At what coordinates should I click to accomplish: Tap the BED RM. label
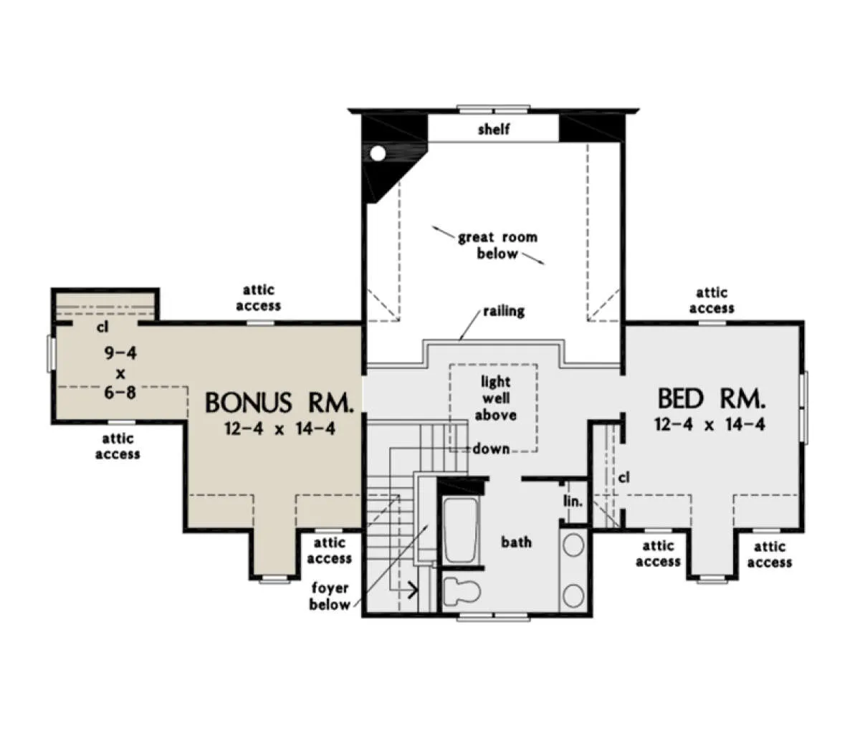click(x=711, y=398)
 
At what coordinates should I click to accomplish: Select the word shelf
click(x=494, y=129)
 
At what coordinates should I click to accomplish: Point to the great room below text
click(x=497, y=245)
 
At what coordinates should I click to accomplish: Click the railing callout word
click(x=504, y=311)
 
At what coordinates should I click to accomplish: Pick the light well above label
click(x=496, y=398)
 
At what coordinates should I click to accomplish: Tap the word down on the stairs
click(x=491, y=449)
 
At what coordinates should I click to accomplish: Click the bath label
click(x=516, y=542)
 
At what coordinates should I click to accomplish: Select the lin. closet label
click(x=573, y=502)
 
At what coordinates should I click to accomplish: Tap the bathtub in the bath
click(x=461, y=530)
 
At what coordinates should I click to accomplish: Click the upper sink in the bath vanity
click(x=573, y=545)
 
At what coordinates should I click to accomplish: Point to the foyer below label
click(x=330, y=596)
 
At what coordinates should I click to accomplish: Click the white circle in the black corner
click(x=378, y=153)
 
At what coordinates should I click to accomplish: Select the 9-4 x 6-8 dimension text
click(x=120, y=373)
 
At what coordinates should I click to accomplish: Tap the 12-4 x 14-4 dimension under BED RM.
click(x=709, y=424)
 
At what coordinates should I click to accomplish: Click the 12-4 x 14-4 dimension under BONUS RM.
click(x=279, y=429)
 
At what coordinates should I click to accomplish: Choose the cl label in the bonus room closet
click(x=102, y=327)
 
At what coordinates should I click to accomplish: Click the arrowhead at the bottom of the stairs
click(x=413, y=590)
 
